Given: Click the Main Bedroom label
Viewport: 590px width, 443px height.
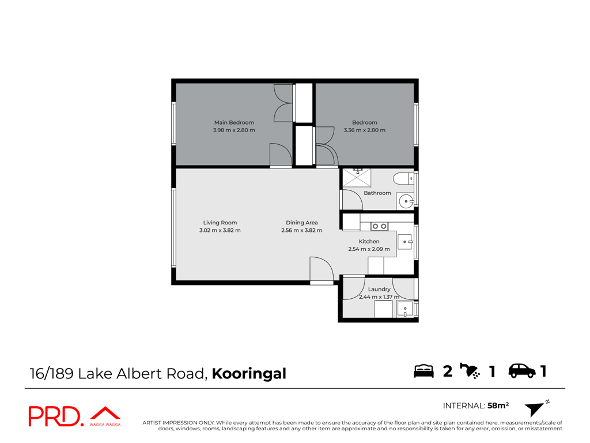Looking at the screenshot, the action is (234, 122).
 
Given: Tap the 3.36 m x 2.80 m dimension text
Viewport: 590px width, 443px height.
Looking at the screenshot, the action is (364, 130).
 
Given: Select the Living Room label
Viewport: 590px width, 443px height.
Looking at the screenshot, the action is (220, 223).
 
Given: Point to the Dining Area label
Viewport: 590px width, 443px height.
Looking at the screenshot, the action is (301, 223).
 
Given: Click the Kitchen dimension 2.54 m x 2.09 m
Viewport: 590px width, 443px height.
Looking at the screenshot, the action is (369, 249).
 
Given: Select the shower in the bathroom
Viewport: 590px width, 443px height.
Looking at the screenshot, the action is (356, 178).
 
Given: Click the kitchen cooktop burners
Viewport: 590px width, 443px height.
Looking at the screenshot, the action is (379, 226).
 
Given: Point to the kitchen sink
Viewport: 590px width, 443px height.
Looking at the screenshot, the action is (405, 242).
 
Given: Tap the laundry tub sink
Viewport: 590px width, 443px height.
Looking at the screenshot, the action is (405, 309).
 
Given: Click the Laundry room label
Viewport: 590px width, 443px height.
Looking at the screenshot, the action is (379, 290).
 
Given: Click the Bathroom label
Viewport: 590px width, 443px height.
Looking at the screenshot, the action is (377, 193).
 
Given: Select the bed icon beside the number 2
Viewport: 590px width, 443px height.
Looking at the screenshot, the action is (423, 371).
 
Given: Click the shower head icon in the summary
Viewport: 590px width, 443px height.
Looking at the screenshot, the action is (470, 371).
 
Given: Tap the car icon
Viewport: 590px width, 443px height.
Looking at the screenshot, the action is (522, 371).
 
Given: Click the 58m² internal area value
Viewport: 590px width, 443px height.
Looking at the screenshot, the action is (498, 406).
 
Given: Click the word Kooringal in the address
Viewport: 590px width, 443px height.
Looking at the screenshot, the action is (249, 374).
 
